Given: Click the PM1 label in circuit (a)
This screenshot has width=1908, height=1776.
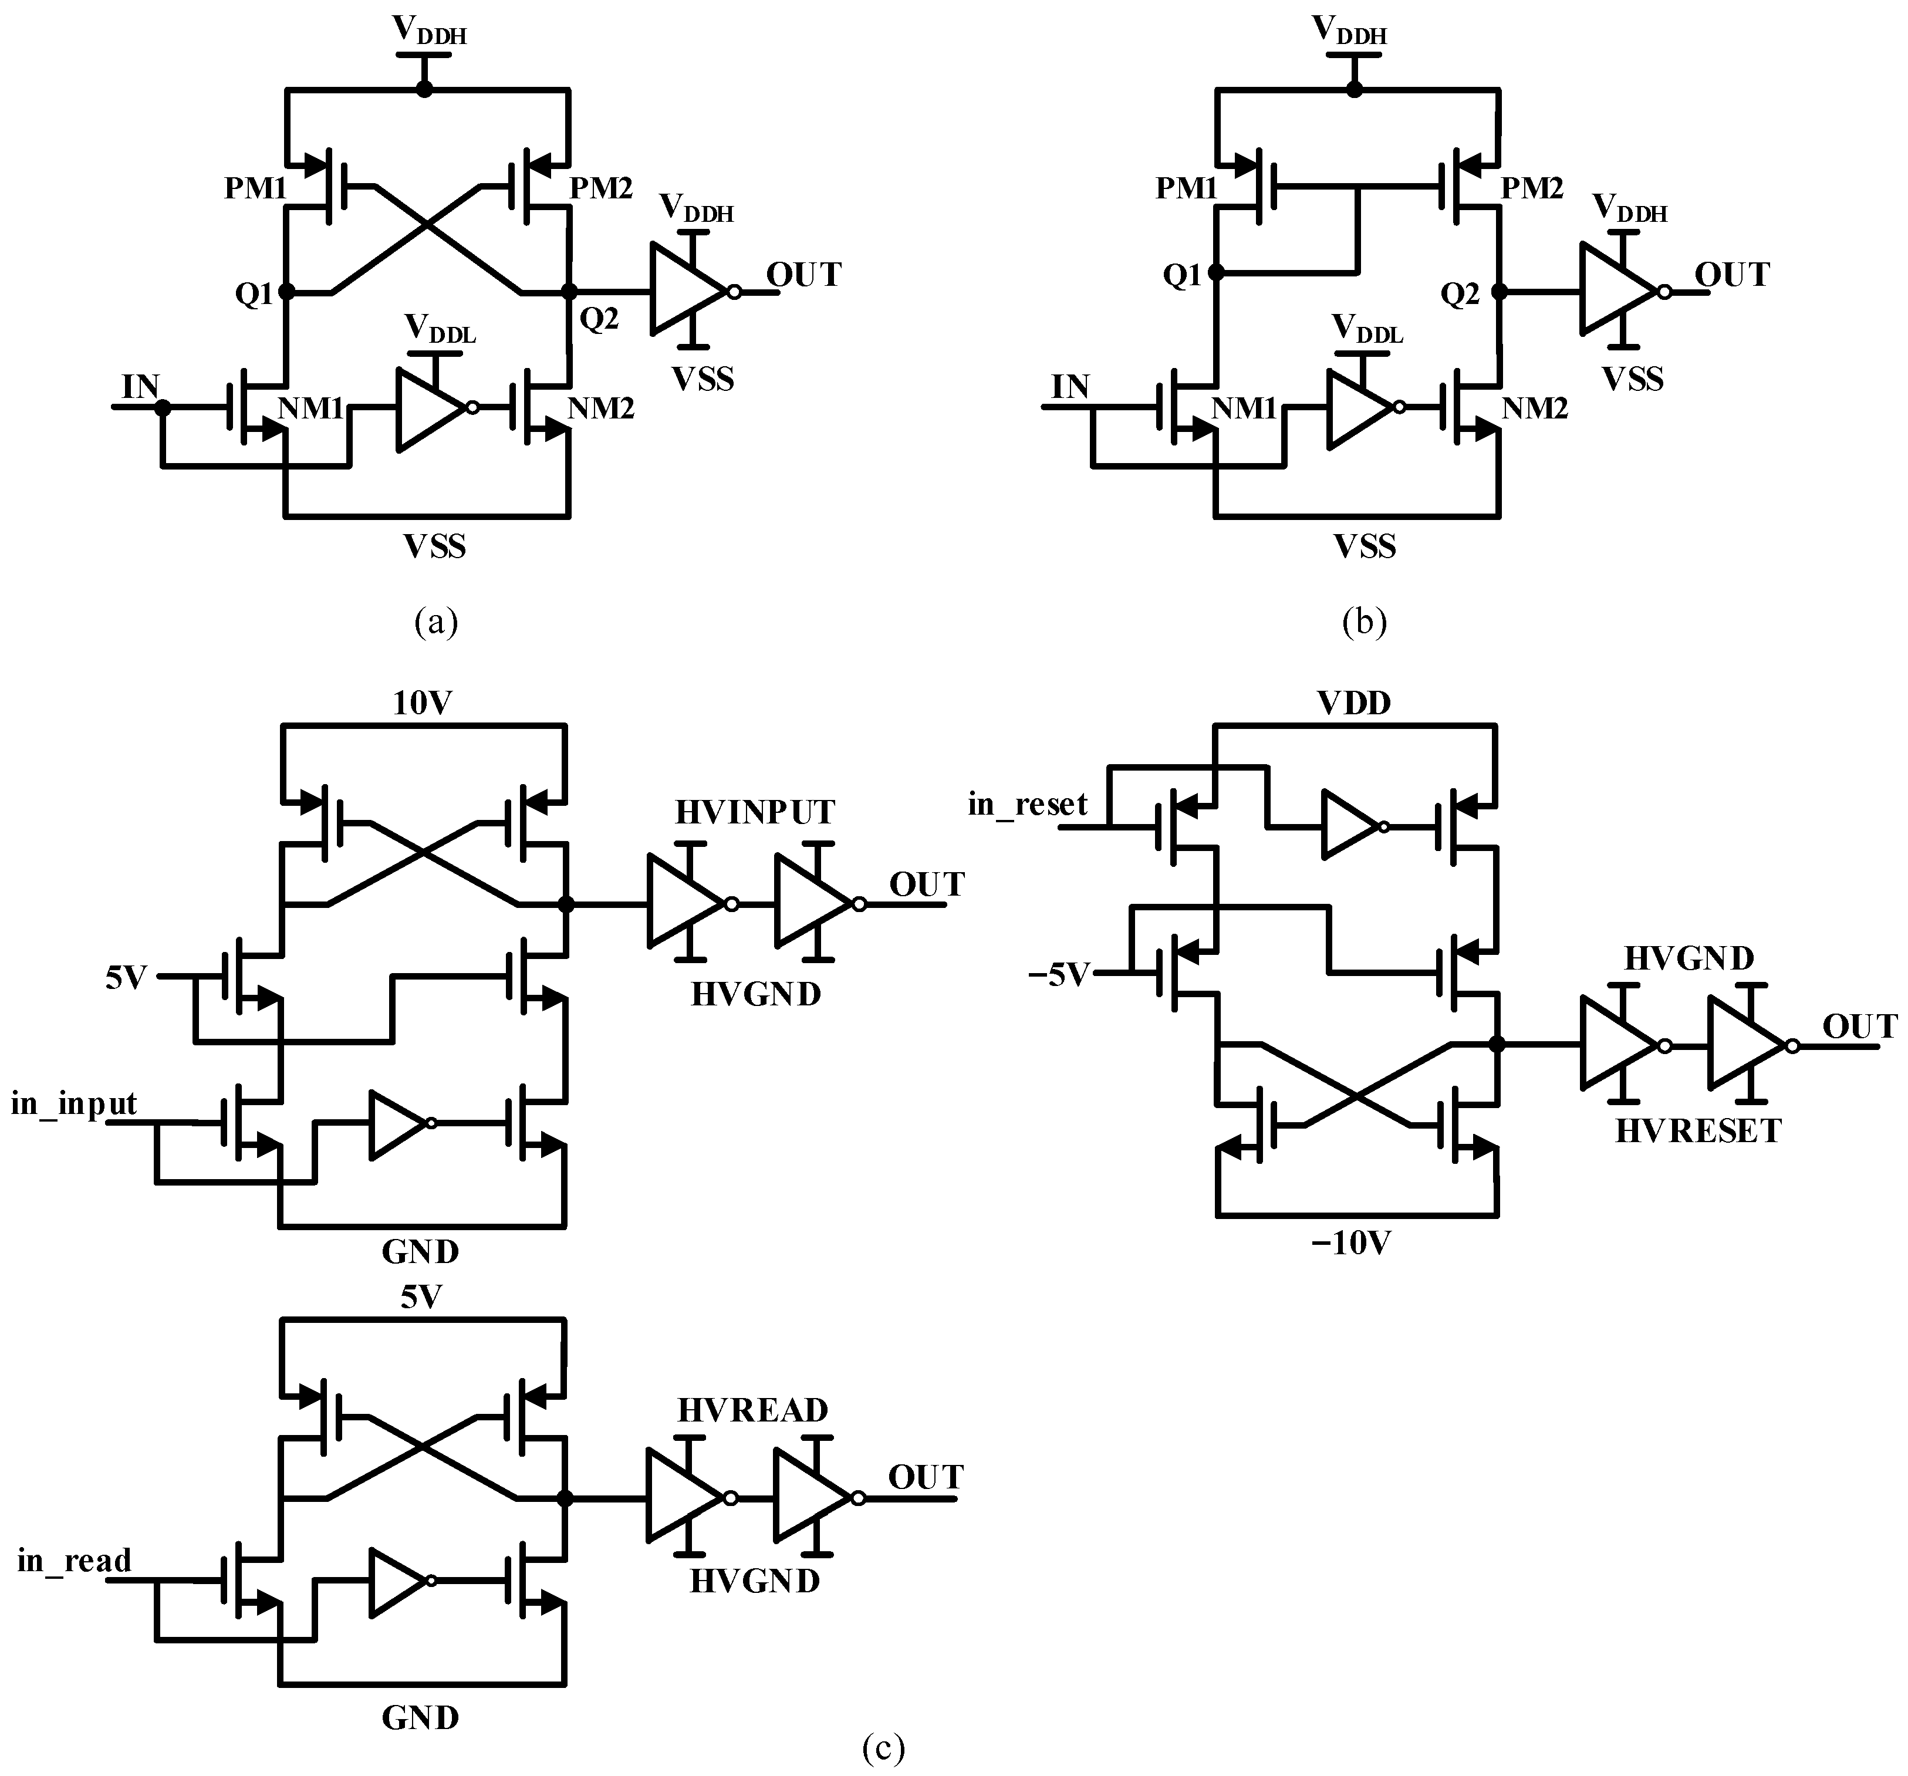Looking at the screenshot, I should (255, 188).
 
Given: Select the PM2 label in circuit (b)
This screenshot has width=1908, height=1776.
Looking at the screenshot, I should (1532, 188).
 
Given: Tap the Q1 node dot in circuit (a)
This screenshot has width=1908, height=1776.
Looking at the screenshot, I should (286, 292).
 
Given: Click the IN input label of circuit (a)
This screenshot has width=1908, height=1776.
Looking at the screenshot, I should (140, 387).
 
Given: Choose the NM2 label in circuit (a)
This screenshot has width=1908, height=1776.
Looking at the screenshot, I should (601, 409).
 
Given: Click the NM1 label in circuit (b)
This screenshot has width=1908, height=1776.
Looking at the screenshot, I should (1244, 409).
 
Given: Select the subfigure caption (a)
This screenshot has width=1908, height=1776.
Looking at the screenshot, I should (435, 622).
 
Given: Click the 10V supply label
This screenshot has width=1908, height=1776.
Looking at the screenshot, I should (423, 704).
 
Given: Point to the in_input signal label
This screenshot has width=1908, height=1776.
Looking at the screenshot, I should (74, 1104).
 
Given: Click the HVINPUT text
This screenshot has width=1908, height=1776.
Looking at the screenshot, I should (754, 813).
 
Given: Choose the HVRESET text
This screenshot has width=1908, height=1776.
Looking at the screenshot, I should (1698, 1132).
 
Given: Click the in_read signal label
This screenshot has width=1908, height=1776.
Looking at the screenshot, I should (74, 1562).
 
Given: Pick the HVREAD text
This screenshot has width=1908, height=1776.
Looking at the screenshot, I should (752, 1410).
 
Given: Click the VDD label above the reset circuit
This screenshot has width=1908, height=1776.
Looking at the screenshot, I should (1354, 704).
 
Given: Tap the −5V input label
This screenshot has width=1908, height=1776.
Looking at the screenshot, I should (1059, 975).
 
